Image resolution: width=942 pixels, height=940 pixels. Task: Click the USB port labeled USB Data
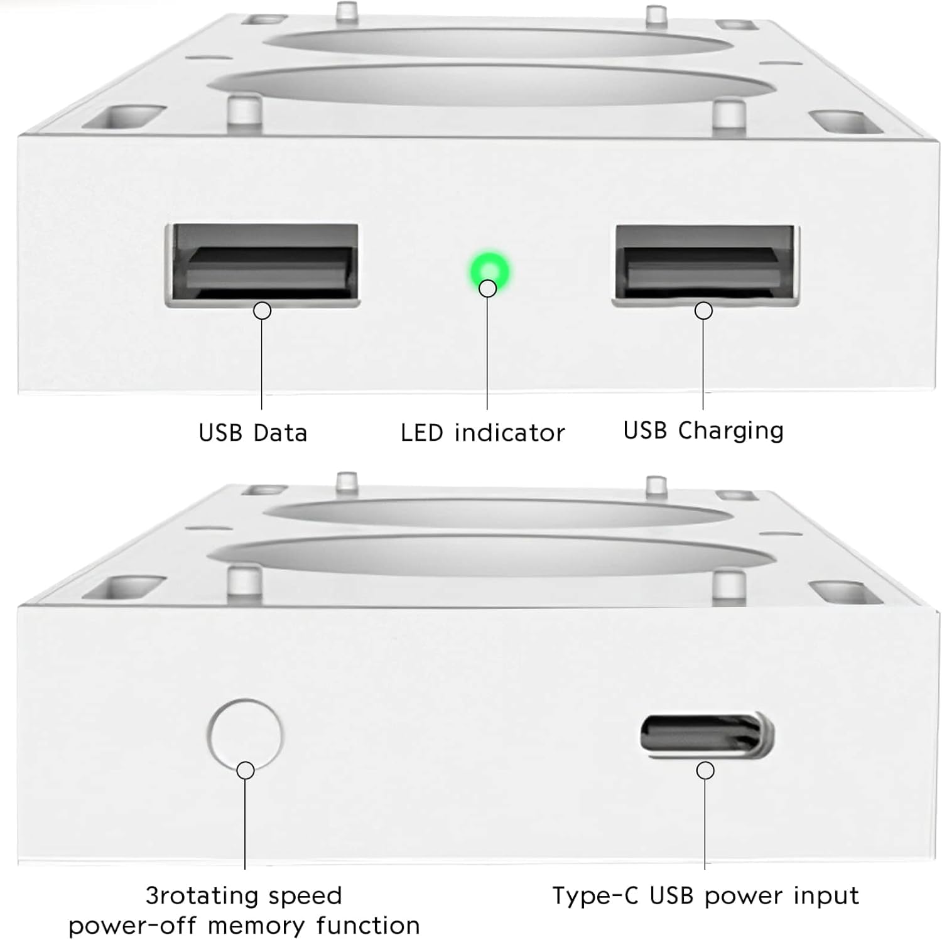(x=263, y=264)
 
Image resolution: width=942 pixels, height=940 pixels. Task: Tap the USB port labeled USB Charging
(x=705, y=265)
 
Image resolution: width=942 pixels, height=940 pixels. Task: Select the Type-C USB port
(x=706, y=734)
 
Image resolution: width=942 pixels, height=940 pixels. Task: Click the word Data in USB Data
(x=280, y=433)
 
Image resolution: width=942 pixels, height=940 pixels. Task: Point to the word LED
(x=422, y=433)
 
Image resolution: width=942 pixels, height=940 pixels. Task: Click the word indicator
(x=509, y=433)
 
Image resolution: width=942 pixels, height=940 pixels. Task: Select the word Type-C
(x=595, y=895)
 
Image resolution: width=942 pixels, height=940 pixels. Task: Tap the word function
(x=368, y=926)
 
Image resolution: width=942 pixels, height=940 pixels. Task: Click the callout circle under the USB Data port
(x=262, y=310)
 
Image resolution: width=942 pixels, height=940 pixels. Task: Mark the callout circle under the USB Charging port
(x=703, y=310)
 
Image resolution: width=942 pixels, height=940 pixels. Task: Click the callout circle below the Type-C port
(x=706, y=770)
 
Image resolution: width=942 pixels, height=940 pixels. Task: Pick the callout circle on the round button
(x=246, y=770)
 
